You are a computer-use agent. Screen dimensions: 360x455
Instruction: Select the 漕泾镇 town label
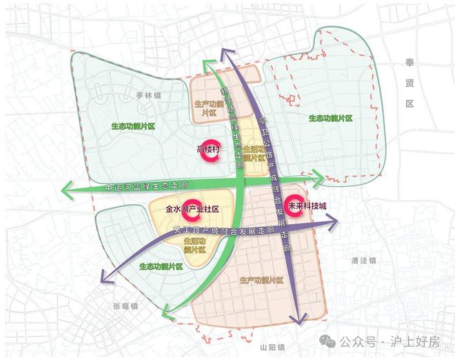(x=363, y=261)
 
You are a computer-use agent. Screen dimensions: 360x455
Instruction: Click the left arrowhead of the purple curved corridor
(x=105, y=279)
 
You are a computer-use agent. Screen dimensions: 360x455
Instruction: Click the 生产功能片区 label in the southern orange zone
(x=262, y=280)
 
